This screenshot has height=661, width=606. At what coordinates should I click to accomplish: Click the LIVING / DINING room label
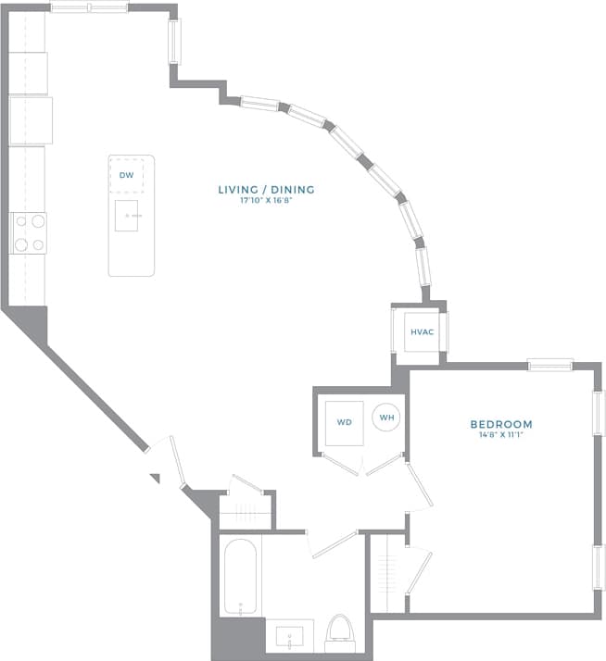[x=266, y=190]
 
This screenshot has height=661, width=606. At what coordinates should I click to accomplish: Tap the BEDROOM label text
[x=500, y=425]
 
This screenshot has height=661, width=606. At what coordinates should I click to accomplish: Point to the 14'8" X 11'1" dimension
[x=500, y=435]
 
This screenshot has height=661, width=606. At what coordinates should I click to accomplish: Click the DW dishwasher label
[x=126, y=174]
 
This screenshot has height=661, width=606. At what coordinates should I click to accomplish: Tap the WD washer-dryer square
[x=344, y=422]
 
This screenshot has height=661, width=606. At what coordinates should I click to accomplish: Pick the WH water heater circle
[x=386, y=418]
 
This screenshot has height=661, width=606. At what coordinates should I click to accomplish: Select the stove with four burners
[x=28, y=233]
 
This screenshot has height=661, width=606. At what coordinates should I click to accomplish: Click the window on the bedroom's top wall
[x=550, y=365]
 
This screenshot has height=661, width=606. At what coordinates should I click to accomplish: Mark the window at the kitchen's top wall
[x=89, y=8]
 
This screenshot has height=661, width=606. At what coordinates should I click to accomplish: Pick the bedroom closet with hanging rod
[x=387, y=572]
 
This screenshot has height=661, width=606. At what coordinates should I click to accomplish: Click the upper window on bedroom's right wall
[x=598, y=413]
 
